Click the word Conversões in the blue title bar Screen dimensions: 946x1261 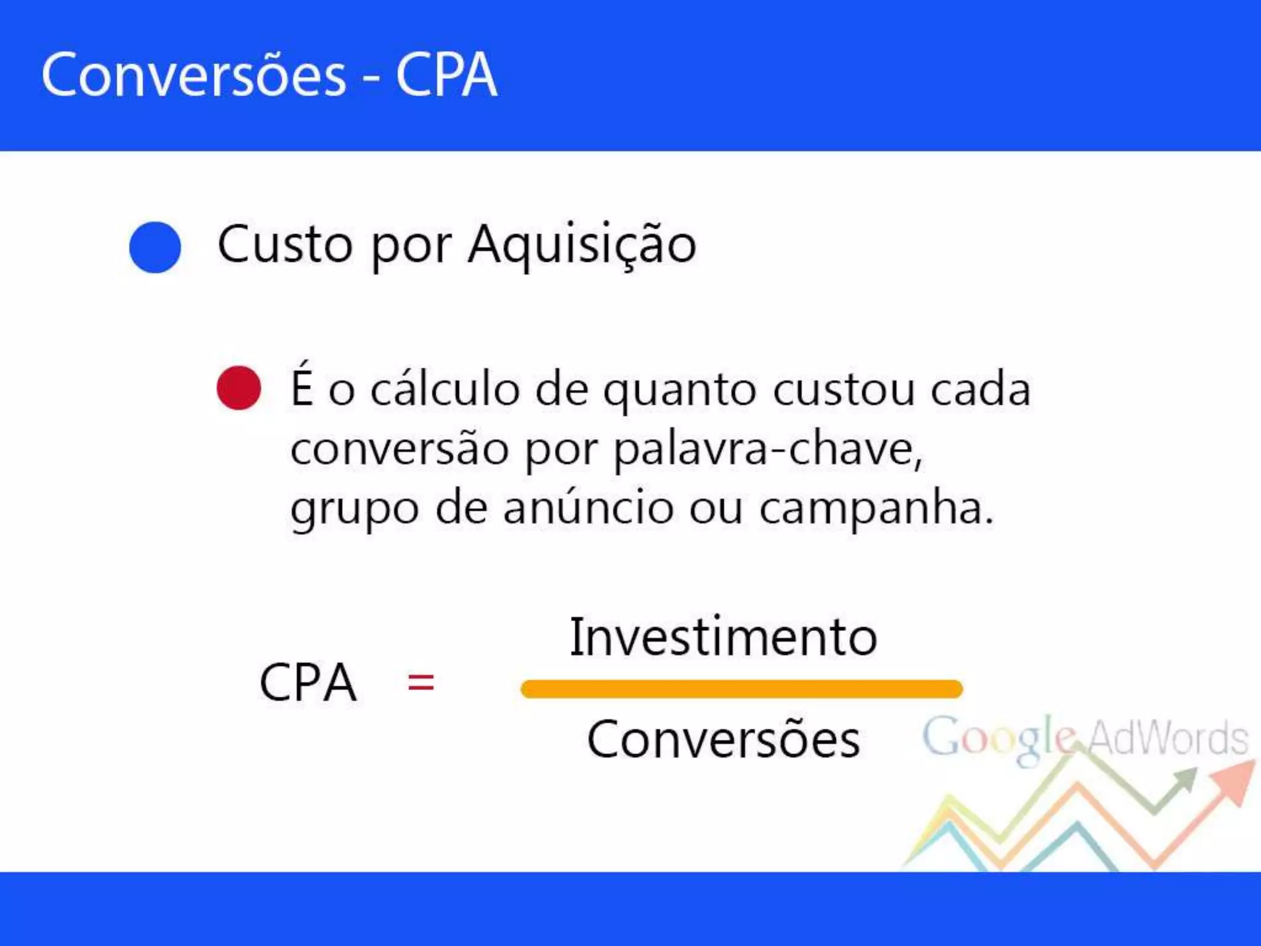[x=193, y=76]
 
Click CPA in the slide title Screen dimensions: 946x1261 [x=446, y=76]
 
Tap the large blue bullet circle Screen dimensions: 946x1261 [x=155, y=247]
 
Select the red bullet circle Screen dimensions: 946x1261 [x=239, y=388]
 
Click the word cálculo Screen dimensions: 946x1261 [x=445, y=389]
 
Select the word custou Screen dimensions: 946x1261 [x=844, y=389]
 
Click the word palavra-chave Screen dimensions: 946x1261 [x=768, y=450]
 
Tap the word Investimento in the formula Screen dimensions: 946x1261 [x=723, y=637]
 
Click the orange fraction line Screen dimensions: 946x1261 [x=741, y=689]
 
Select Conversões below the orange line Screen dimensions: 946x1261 [x=723, y=740]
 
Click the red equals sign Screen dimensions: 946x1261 [x=421, y=682]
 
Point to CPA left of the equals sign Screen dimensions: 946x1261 [x=308, y=682]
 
